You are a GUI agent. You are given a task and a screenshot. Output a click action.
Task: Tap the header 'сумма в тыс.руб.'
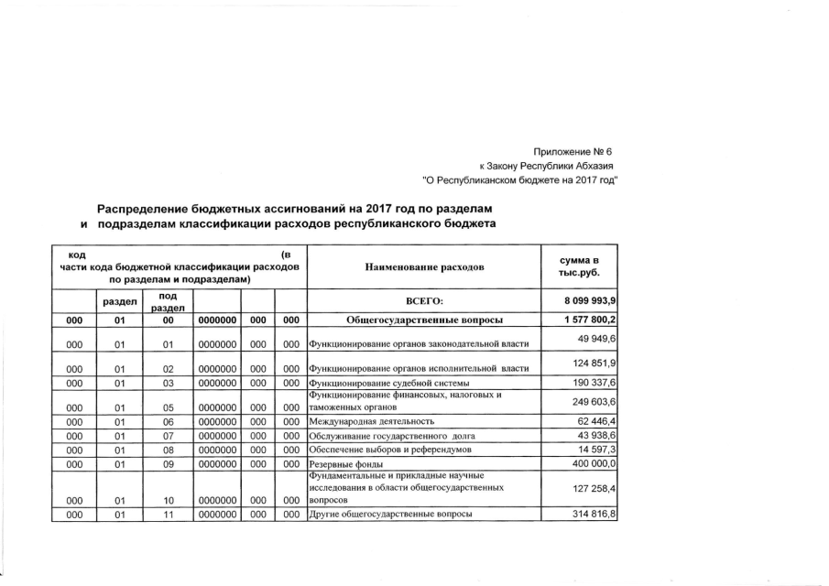579,266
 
